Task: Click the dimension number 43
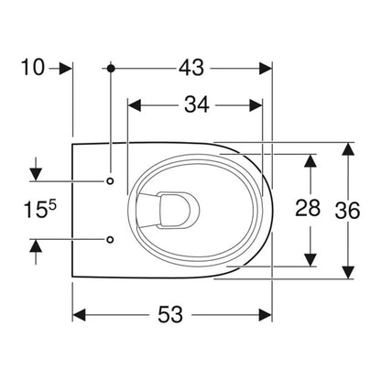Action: [x=191, y=68]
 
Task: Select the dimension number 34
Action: [x=197, y=104]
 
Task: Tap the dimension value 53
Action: [x=170, y=314]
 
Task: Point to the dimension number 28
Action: [x=308, y=208]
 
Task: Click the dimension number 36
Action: [x=347, y=211]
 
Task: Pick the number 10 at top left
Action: [x=33, y=68]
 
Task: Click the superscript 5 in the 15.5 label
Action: [x=52, y=206]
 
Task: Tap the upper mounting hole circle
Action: [x=110, y=181]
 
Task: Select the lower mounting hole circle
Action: [x=110, y=239]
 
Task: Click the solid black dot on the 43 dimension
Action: [x=111, y=69]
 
